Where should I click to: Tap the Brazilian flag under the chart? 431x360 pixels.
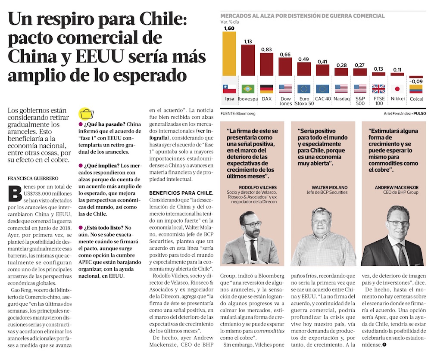pos(248,89)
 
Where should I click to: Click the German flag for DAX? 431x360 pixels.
pos(266,89)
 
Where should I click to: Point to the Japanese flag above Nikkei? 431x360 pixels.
pos(397,89)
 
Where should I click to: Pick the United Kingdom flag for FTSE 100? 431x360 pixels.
pos(378,89)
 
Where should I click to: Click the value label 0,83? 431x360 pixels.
pos(266,50)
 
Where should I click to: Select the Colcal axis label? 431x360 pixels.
pos(416,99)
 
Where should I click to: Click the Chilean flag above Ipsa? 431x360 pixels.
pos(229,89)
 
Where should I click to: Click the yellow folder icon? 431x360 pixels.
pos(86,114)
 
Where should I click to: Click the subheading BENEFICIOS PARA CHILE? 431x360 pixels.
pos(181,192)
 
